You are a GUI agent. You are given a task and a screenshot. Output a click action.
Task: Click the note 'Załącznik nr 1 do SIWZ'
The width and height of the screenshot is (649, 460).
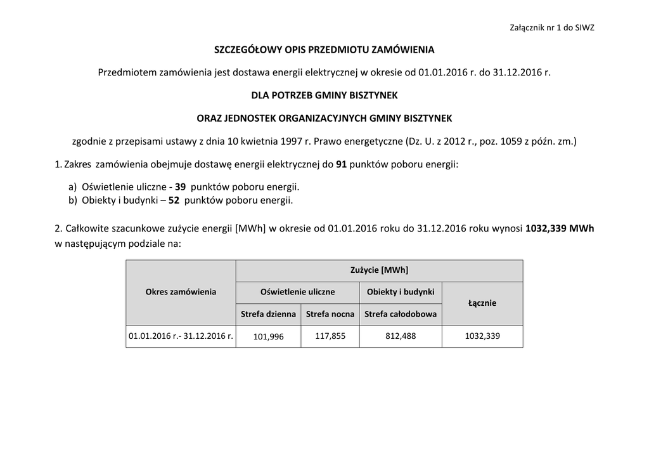(551, 28)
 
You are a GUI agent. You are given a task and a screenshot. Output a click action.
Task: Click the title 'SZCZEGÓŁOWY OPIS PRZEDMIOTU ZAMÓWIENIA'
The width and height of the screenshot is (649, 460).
(324, 49)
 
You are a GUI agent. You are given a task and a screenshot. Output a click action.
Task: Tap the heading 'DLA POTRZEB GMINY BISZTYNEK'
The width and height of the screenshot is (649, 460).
(324, 95)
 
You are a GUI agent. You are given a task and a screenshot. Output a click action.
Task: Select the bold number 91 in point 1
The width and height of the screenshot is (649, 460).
(341, 164)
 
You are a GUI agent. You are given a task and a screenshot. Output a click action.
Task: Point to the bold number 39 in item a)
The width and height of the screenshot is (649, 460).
(180, 188)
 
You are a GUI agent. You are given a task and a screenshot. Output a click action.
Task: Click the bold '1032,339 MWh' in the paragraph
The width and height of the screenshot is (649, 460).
(560, 229)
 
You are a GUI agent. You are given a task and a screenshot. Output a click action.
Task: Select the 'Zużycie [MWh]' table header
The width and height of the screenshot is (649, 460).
(379, 270)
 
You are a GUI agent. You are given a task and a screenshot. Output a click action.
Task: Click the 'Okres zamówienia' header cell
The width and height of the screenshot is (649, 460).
(181, 292)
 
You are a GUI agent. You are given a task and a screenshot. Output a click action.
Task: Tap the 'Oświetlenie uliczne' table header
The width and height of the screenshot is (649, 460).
(297, 292)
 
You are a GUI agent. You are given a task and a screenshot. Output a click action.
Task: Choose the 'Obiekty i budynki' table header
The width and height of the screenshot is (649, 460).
(401, 292)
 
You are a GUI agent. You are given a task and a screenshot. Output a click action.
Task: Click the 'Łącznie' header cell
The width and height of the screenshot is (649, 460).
(482, 303)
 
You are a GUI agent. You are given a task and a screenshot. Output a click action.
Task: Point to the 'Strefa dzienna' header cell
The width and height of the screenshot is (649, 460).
(268, 314)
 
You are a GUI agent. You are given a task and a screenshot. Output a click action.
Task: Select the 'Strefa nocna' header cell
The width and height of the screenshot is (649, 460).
(330, 314)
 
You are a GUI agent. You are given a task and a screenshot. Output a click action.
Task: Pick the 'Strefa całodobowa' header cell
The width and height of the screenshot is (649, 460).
(401, 314)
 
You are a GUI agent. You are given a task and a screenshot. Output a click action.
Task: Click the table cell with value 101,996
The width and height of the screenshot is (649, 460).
(268, 337)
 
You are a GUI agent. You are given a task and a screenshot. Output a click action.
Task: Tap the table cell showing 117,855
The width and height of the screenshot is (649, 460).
(330, 336)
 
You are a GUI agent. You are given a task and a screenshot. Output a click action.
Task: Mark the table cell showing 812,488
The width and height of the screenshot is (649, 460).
(401, 336)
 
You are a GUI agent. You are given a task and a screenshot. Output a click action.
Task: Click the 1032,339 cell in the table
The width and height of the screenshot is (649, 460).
(482, 336)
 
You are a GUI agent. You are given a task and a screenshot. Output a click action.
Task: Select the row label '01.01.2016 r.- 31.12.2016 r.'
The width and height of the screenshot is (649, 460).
(181, 336)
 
